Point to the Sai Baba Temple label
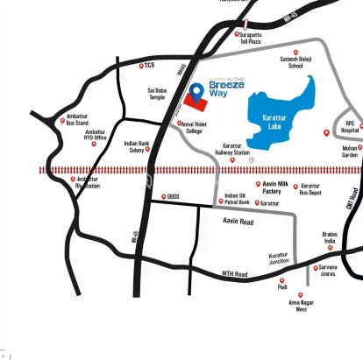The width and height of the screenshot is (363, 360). (157, 94)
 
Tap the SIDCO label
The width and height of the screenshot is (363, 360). (172, 196)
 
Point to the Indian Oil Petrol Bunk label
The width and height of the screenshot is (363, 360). (237, 199)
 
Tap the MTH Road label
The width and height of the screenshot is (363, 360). (234, 275)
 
